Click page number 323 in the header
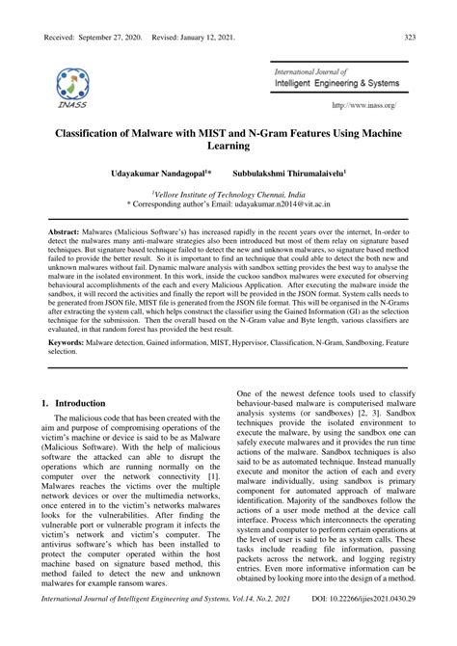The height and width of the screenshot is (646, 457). (409, 37)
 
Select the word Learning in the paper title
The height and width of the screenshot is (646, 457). (228, 148)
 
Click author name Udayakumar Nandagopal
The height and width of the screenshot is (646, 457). (164, 177)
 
